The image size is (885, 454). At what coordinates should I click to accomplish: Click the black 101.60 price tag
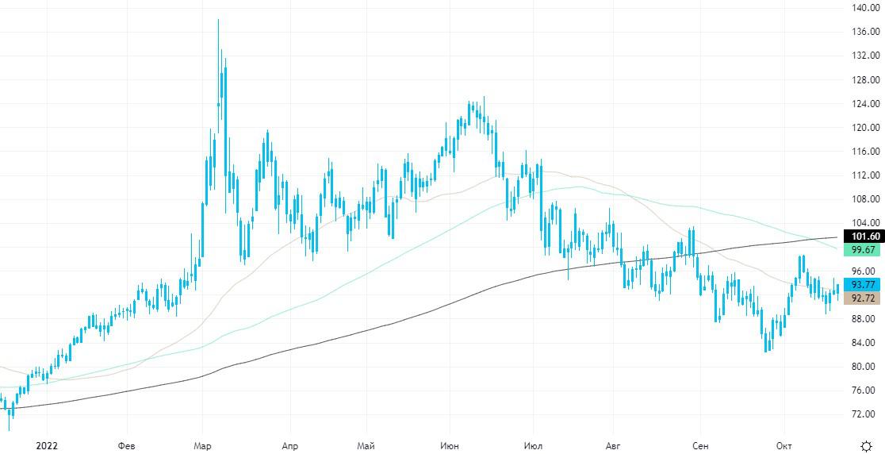(x=864, y=236)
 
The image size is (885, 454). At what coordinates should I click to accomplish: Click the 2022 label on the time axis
(x=47, y=445)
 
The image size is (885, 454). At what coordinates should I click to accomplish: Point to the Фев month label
(x=126, y=445)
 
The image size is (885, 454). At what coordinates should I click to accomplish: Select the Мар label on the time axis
(x=202, y=445)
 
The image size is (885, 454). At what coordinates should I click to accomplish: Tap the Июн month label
(x=449, y=445)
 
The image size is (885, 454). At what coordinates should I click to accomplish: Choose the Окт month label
(x=783, y=445)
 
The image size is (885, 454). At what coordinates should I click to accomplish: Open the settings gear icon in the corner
(x=867, y=445)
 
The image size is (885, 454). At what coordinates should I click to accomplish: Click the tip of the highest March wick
(x=218, y=20)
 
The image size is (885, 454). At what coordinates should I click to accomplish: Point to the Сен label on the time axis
(x=700, y=445)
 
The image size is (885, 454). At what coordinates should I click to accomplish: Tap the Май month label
(x=366, y=445)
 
